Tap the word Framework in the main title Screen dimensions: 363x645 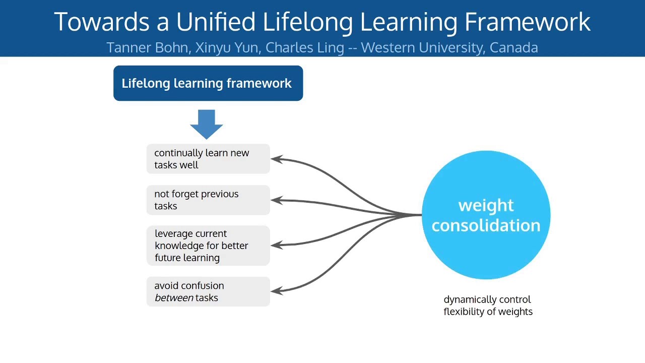pyautogui.click(x=527, y=22)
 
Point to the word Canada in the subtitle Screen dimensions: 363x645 pyautogui.click(x=513, y=47)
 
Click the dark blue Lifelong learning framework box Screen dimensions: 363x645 pyautogui.click(x=208, y=83)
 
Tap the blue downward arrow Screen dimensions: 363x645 pyautogui.click(x=207, y=124)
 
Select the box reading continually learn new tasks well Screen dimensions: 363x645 pyautogui.click(x=208, y=159)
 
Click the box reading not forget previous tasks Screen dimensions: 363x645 pyautogui.click(x=208, y=200)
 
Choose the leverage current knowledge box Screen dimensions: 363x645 pyautogui.click(x=208, y=246)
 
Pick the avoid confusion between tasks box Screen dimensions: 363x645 pyautogui.click(x=208, y=291)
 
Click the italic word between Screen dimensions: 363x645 pyautogui.click(x=174, y=297)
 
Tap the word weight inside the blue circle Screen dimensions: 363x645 pyautogui.click(x=486, y=205)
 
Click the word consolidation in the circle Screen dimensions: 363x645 pyautogui.click(x=486, y=225)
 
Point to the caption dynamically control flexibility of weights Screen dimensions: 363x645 pyautogui.click(x=488, y=306)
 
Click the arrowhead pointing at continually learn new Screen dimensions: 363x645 pyautogui.click(x=276, y=159)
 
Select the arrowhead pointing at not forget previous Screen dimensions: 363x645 pyautogui.click(x=276, y=200)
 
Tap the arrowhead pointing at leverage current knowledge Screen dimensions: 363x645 pyautogui.click(x=276, y=245)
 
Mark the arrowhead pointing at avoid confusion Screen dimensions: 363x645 pyautogui.click(x=276, y=290)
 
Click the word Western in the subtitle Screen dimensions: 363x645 pyautogui.click(x=384, y=47)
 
